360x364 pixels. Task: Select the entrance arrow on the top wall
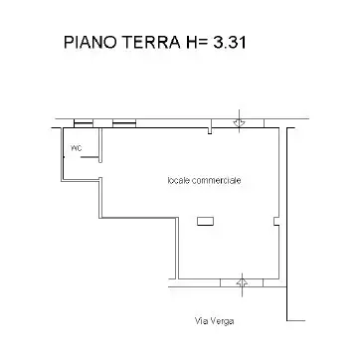click(240, 122)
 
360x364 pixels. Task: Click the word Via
click(202, 321)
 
